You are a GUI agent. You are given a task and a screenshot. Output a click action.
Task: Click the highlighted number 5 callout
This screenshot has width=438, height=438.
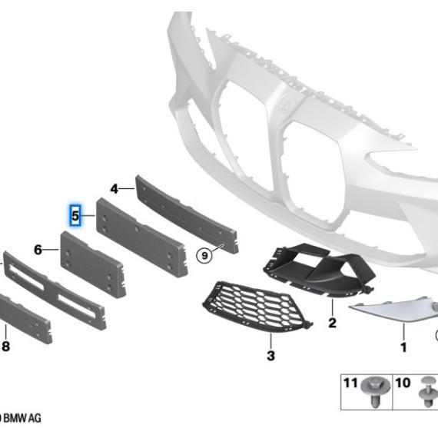pos(75,215)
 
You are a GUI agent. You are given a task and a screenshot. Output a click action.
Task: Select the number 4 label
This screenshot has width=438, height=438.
pos(114,189)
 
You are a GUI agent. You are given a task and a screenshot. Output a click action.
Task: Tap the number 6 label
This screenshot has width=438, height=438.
pos(38,250)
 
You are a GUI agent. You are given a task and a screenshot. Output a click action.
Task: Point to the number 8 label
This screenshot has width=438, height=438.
pos(6,347)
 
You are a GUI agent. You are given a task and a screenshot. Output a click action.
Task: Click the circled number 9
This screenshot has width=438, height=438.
pos(204,255)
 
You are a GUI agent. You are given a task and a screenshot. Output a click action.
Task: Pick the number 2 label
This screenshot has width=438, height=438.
pos(332,323)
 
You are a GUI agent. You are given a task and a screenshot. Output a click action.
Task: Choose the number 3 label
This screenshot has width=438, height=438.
pos(270,356)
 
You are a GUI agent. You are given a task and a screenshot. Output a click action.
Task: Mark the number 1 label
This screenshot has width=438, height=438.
pos(403,347)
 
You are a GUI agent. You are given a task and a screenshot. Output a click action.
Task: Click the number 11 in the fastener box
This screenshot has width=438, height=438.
pos(350,383)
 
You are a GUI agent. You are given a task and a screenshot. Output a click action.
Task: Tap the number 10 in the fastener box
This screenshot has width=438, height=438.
pos(403,383)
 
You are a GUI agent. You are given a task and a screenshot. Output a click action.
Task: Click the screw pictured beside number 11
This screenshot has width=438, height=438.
pos(376,391)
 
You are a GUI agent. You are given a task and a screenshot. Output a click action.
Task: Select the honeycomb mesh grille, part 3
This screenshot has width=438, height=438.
pos(257,307)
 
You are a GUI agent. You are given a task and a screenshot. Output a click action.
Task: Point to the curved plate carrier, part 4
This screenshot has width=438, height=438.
pos(187,214)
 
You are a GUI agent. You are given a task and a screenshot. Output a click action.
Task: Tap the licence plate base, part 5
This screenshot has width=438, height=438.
pos(141,237)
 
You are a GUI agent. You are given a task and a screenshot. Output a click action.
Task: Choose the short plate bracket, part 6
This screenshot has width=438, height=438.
pos(93,264)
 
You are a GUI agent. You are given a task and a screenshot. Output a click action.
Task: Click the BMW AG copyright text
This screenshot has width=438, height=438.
pos(21,418)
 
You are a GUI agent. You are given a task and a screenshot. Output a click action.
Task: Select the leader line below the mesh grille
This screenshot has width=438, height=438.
pos(270,340)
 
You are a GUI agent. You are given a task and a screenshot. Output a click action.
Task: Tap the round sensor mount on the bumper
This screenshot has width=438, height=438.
pos(286,105)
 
